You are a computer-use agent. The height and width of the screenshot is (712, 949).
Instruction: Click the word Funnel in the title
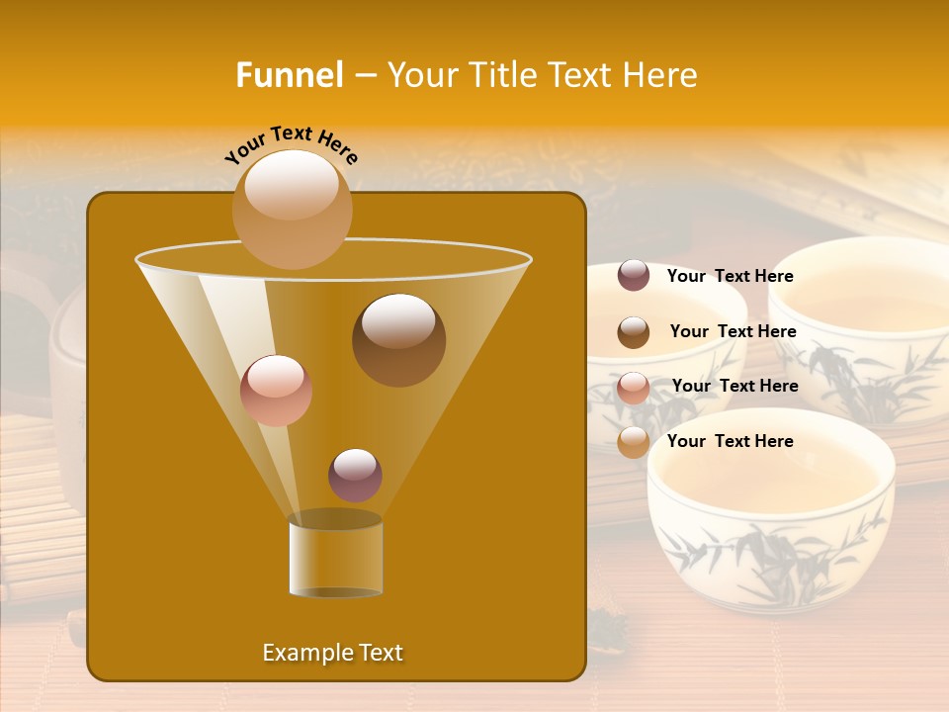point(289,75)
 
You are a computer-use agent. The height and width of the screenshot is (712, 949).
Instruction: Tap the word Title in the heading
point(502,75)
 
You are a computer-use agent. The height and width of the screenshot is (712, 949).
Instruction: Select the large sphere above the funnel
point(292,209)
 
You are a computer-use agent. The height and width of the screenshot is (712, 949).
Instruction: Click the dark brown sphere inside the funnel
point(398,340)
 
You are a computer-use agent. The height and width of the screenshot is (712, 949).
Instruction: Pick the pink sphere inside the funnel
point(276,391)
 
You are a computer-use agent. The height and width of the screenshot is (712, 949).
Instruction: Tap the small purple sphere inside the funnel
point(355,475)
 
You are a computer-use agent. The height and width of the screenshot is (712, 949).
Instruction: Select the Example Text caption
point(332,653)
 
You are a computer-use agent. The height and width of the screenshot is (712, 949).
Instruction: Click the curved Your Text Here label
point(291,144)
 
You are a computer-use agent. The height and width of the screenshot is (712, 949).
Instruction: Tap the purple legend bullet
point(634,276)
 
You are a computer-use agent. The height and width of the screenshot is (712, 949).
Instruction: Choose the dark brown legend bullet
point(634,332)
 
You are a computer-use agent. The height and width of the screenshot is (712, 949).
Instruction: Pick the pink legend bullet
point(634,388)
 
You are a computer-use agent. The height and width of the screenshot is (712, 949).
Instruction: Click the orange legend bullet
point(634,442)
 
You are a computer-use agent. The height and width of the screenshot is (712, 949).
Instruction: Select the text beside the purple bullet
point(730,276)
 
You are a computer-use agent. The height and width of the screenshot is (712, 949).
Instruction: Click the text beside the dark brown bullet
point(733,331)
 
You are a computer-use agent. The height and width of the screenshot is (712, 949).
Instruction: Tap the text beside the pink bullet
point(734,386)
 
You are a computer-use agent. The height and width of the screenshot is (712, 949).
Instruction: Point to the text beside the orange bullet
point(730,441)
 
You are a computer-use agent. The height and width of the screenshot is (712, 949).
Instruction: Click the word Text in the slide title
point(582,75)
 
